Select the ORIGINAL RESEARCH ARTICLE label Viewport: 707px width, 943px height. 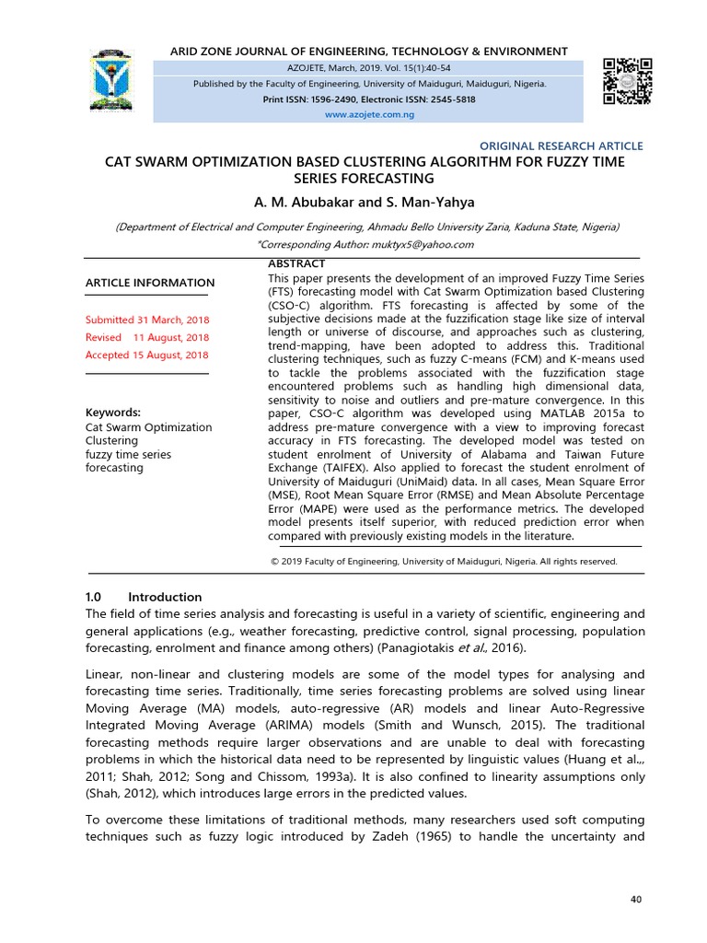(562, 146)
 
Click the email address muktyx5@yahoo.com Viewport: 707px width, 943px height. (422, 244)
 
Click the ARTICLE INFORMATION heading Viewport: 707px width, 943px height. (150, 283)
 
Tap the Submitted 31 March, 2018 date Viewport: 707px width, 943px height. (146, 320)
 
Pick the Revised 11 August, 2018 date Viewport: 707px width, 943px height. (146, 337)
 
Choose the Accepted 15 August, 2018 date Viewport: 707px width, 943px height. (146, 355)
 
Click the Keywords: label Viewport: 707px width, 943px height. (112, 412)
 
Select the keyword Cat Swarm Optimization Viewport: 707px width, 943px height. (148, 427)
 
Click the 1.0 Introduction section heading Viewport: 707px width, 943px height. (143, 597)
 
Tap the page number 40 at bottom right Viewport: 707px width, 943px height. (636, 899)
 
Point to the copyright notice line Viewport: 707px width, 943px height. (445, 561)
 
